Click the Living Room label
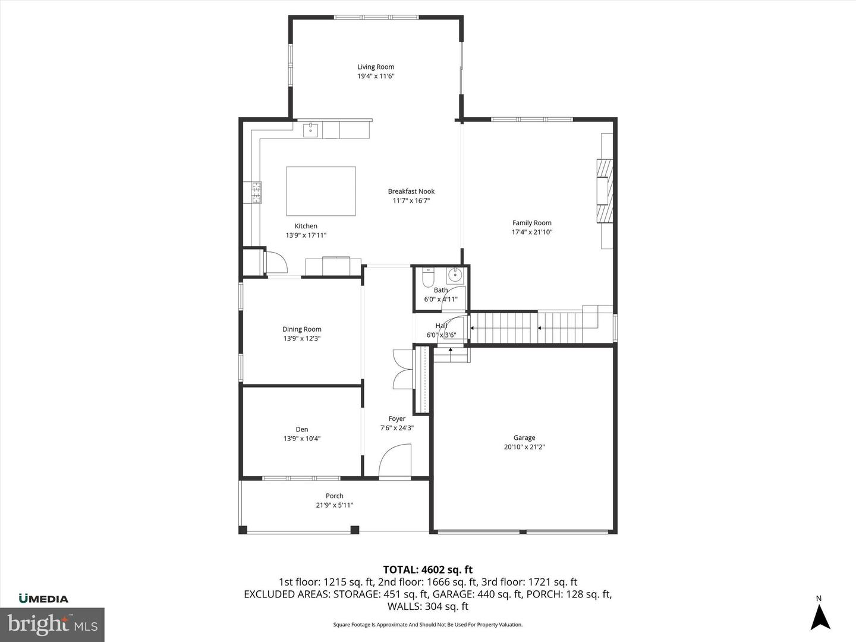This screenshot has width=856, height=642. (376, 67)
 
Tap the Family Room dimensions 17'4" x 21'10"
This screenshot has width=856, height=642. (532, 232)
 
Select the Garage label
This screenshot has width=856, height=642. (524, 438)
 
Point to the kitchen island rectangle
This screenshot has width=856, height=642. (321, 191)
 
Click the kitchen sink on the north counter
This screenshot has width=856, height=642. (311, 130)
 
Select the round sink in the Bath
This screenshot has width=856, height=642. (455, 275)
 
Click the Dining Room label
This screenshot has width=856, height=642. (302, 329)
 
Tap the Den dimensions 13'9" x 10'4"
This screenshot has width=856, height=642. (302, 439)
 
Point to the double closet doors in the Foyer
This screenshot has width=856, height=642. (402, 369)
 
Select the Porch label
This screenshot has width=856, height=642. (335, 496)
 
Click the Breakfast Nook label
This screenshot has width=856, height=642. (411, 191)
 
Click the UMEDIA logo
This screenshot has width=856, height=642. (43, 599)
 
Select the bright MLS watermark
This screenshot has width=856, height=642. (52, 624)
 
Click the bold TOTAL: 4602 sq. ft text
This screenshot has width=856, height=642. (427, 570)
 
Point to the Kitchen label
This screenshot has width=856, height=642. (306, 226)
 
